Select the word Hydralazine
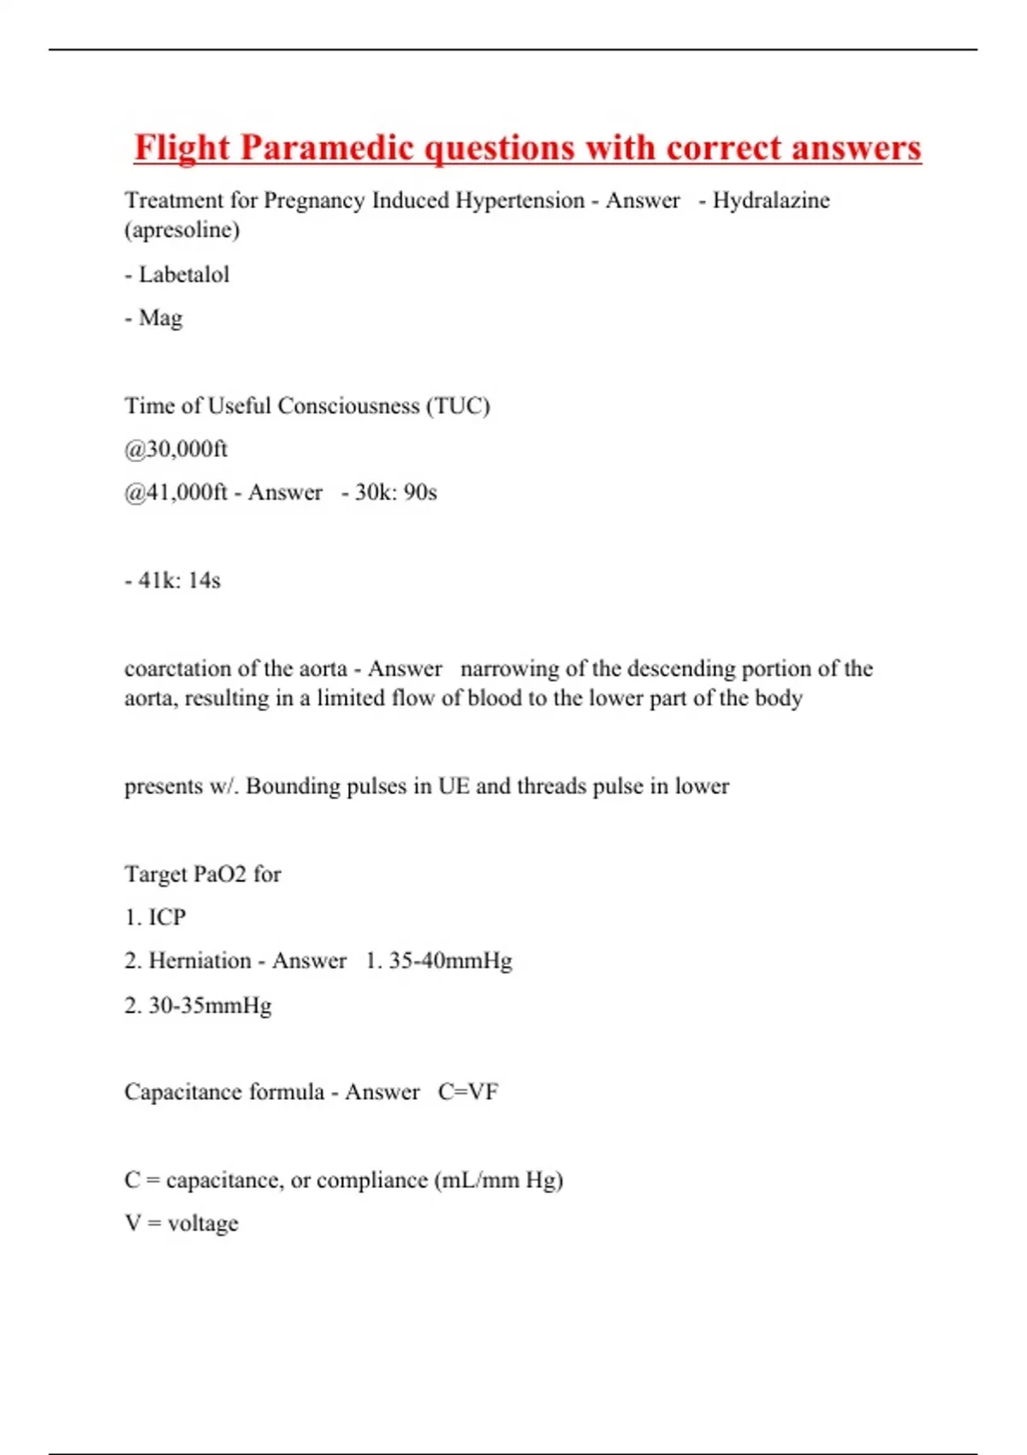pos(771,200)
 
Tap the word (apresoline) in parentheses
pos(182,230)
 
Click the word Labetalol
pos(184,275)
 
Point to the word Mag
pos(161,318)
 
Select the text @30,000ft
pos(176,449)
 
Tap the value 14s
pos(205,580)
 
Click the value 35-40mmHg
pos(450,961)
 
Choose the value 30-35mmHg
pos(210,1006)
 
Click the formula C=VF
pos(468,1092)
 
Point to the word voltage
pos(203,1224)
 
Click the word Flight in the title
pos(181,148)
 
